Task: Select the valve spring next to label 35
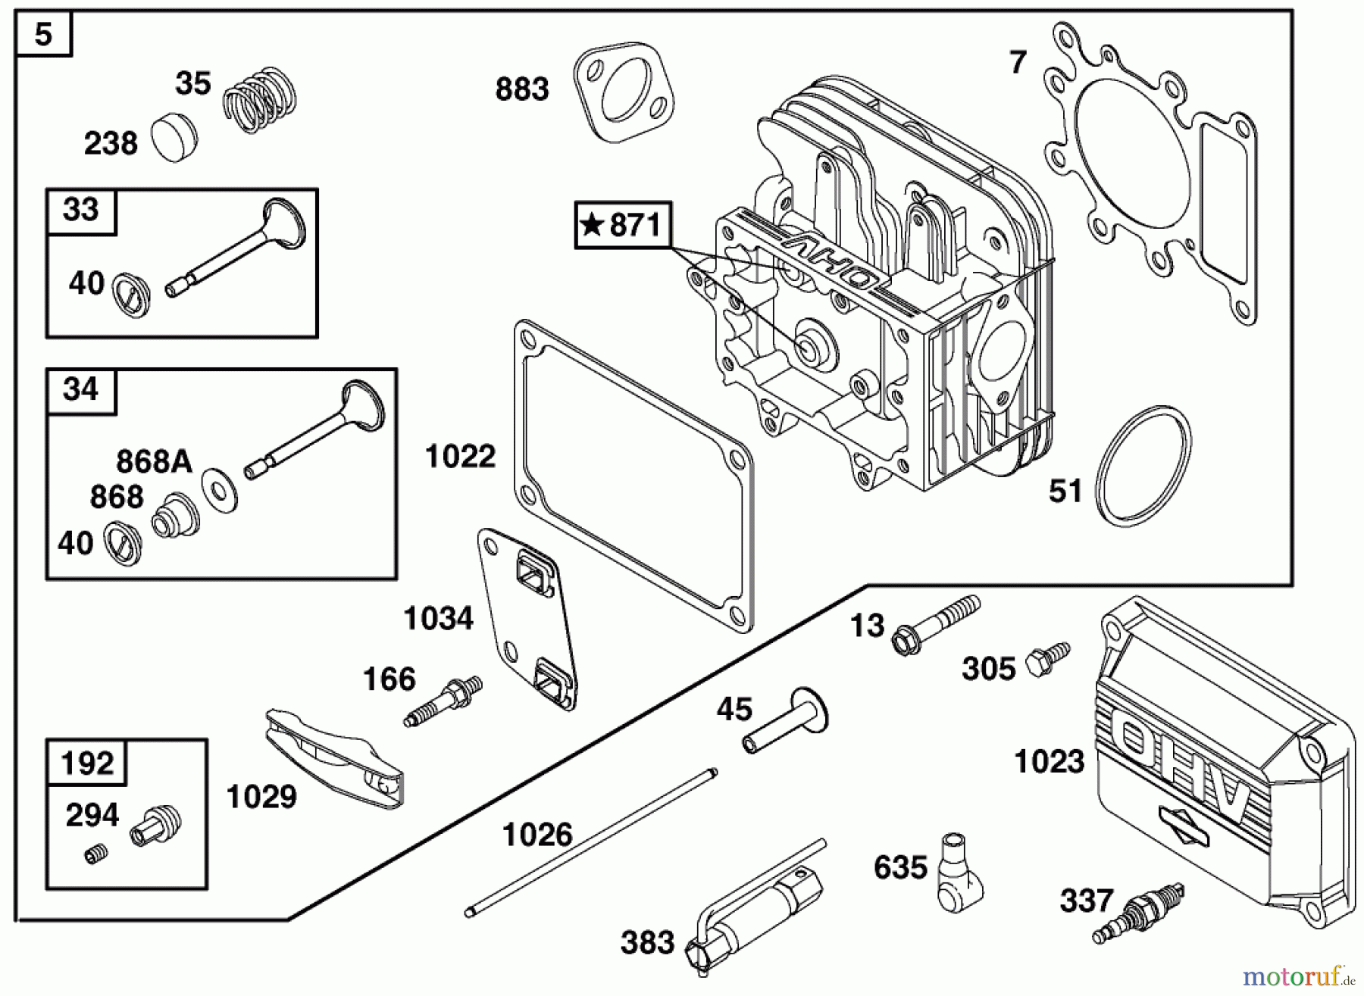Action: pyautogui.click(x=260, y=100)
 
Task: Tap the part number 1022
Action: pyautogui.click(x=460, y=457)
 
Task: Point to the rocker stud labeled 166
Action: pyautogui.click(x=444, y=701)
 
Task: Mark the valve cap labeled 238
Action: pyautogui.click(x=174, y=139)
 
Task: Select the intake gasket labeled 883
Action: pyautogui.click(x=623, y=91)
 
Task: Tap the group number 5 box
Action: pyautogui.click(x=43, y=34)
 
